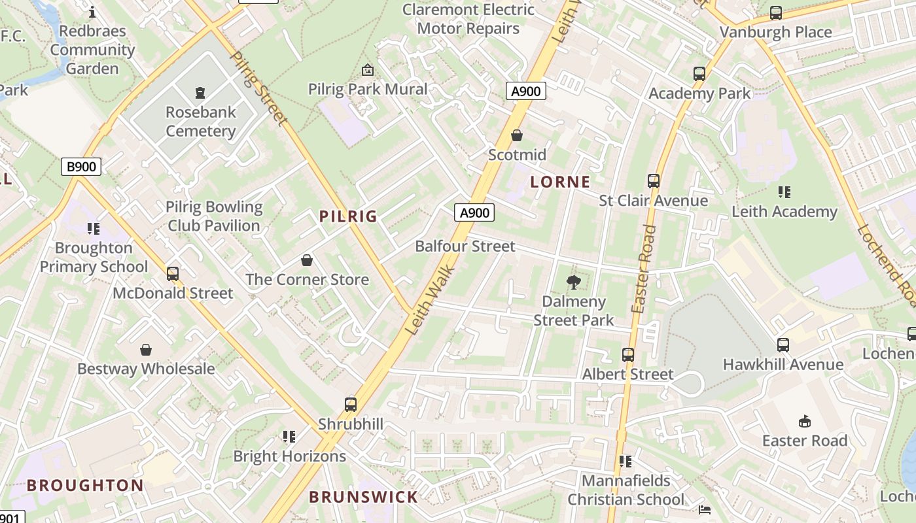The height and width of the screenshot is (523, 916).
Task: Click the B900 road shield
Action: point(81,167)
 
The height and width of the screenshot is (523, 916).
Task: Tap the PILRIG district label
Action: point(348,216)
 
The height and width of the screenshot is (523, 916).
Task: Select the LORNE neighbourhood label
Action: point(560,182)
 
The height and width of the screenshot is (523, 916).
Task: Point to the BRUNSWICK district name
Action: point(363,497)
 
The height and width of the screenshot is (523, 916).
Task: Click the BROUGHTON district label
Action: point(85,485)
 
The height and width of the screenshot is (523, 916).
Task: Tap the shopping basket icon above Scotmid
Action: point(517,135)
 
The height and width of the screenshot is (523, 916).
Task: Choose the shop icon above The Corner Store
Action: point(306,260)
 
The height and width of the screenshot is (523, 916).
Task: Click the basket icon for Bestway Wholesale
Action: point(146,350)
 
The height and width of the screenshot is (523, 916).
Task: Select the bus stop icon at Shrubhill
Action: point(351,405)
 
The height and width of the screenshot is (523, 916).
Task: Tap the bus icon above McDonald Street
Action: point(173,274)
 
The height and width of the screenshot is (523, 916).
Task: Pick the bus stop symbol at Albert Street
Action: point(627,355)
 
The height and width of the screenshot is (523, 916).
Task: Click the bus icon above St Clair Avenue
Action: point(653,181)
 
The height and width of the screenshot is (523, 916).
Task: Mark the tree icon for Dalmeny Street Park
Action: point(574,282)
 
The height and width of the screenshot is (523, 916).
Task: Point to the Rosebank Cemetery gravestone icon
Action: point(200,93)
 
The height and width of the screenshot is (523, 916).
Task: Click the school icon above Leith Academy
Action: point(784,192)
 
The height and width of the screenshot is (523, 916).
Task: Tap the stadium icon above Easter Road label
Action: point(805,421)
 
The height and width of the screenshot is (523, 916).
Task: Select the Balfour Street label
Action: point(465,246)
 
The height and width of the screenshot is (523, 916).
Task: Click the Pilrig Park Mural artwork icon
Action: point(368,70)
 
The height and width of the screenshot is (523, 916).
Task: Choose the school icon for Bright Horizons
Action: point(289,437)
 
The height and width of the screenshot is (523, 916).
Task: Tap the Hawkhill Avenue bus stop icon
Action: point(783,345)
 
